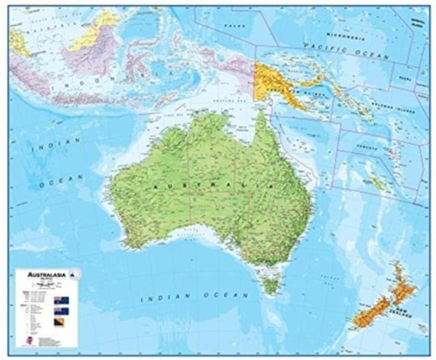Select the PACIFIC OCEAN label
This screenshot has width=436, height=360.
346,50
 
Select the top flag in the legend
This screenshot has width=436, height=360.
61,300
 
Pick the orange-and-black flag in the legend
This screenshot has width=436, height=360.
61,324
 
